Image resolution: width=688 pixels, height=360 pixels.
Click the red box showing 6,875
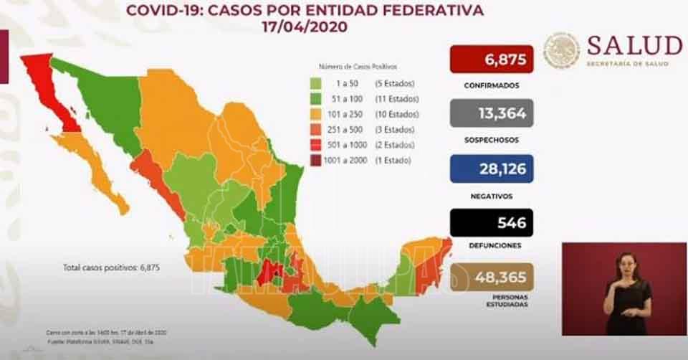(x=492, y=59)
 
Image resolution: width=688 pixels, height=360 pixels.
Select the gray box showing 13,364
(x=492, y=113)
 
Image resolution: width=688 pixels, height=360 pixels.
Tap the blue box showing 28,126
(x=492, y=168)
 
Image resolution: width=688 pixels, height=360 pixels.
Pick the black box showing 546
(x=492, y=222)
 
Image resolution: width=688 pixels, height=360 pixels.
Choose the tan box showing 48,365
(x=492, y=278)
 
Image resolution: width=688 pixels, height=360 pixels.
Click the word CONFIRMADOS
(x=492, y=85)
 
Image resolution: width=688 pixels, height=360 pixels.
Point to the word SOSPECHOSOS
(x=492, y=140)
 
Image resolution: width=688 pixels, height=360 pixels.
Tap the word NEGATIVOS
(x=492, y=195)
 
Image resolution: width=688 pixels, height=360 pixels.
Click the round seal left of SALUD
(x=560, y=50)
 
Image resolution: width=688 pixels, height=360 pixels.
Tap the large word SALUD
(x=634, y=45)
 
